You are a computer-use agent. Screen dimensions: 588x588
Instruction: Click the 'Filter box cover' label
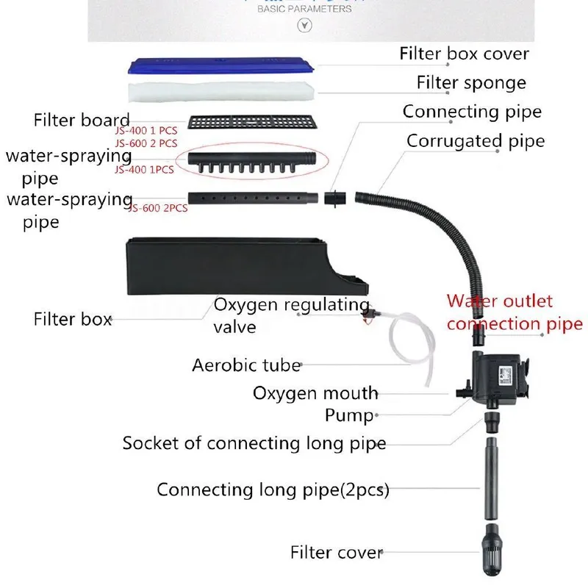coord(464,54)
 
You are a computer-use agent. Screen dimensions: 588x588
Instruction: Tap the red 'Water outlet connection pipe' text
coord(510,312)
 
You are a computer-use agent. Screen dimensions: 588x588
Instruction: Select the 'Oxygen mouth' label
coord(315,393)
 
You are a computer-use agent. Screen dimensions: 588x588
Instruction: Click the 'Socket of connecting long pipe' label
coord(254,443)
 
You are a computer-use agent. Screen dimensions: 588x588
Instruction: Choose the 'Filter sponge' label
coord(470,82)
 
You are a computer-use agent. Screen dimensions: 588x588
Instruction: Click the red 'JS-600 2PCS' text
coord(158,208)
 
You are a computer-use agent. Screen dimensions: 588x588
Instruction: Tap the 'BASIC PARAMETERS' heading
coord(304,10)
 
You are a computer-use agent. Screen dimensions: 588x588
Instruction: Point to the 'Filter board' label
coord(82,120)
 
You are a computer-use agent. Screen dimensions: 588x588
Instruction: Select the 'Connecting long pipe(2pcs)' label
coord(273,490)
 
